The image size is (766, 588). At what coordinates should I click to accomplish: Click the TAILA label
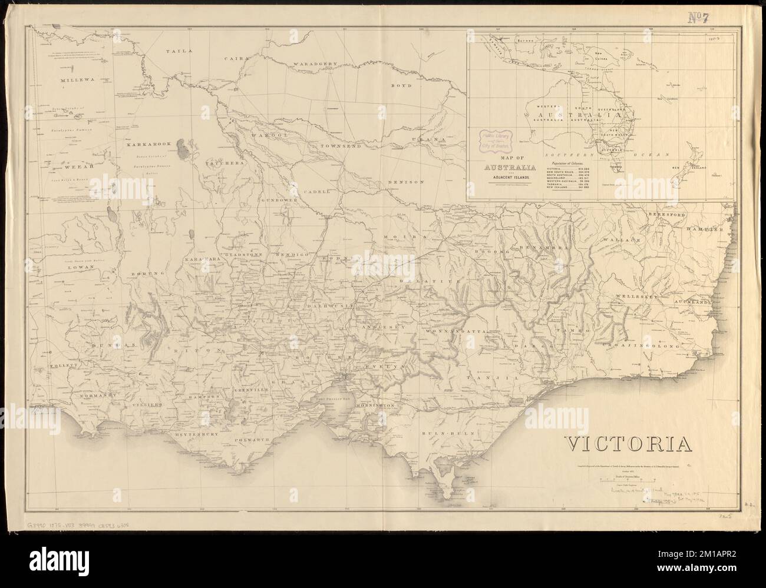tap(179, 51)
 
